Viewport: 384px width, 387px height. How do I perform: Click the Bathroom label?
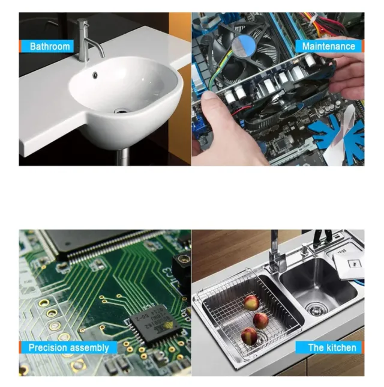point(50,46)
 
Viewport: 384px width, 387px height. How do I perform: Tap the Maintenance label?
point(329,46)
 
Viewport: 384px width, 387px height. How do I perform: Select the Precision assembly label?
point(68,347)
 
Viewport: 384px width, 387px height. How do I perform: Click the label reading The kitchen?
point(332,347)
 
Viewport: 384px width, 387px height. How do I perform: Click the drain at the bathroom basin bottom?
point(121,111)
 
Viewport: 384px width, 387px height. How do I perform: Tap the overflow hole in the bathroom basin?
point(95,75)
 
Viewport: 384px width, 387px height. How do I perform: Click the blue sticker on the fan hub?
point(244,45)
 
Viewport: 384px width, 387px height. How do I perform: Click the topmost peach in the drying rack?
point(251,303)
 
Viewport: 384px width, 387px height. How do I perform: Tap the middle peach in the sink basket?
point(261,321)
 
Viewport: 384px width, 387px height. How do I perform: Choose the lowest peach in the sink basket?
point(249,336)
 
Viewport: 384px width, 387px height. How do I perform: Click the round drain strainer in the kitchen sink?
point(317,309)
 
